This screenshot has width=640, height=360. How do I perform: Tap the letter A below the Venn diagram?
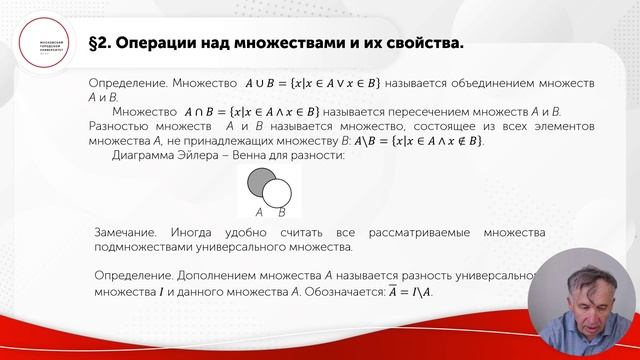(259, 212)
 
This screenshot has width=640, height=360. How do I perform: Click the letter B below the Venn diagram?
(282, 212)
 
